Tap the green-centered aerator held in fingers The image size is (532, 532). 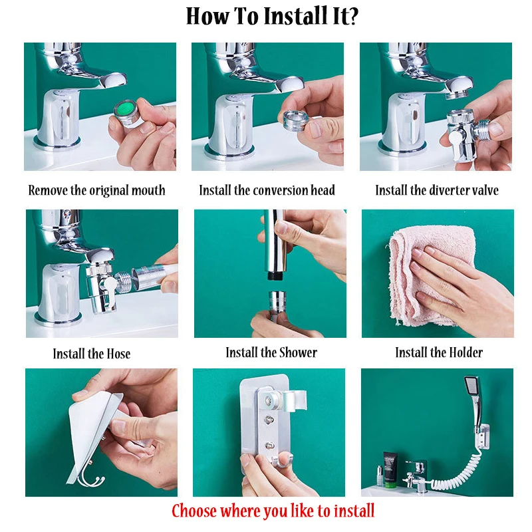point(126,113)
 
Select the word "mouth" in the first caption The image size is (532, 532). point(148,190)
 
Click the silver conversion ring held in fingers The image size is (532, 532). point(294,120)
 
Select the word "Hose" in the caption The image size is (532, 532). point(118,354)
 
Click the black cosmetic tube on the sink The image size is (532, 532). point(390,469)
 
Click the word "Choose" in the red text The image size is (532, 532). point(194,511)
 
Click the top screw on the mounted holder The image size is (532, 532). point(271,401)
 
